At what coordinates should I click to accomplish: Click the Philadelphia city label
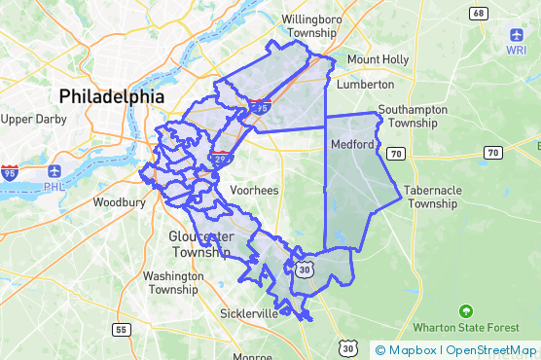point(112,96)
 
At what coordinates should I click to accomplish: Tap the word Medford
point(352,145)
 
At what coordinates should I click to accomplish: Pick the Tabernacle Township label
point(433,197)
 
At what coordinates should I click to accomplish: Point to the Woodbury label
point(119,202)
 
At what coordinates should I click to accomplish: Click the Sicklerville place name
point(249,314)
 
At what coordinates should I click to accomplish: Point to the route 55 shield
point(121,330)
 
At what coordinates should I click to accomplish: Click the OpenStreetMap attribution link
point(491,350)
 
